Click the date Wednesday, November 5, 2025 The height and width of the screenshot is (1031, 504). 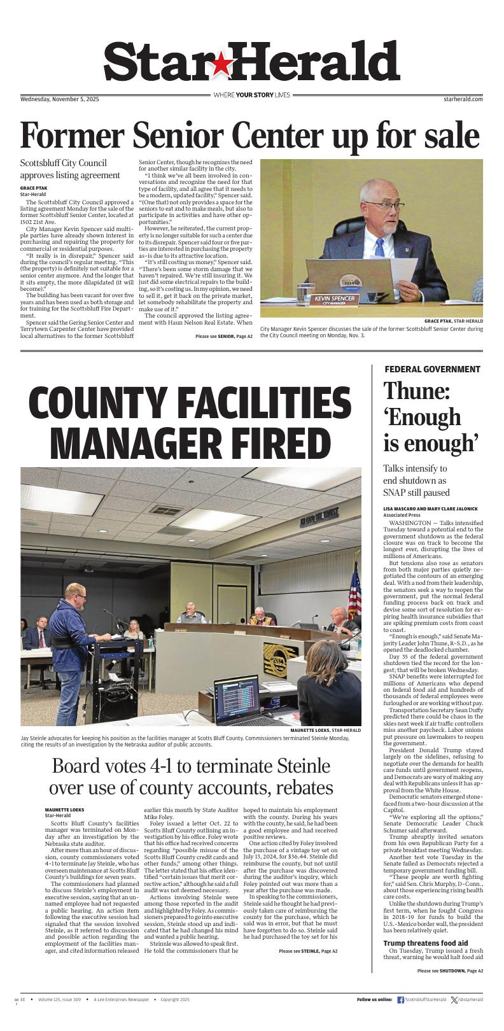[60, 99]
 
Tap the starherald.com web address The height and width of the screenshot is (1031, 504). [463, 99]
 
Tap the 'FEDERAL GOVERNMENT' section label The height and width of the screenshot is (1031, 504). [432, 369]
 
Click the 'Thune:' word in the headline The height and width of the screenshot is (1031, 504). [416, 391]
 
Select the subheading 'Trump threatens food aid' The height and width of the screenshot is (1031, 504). [425, 943]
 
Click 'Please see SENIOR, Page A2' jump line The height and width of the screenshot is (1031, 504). [223, 336]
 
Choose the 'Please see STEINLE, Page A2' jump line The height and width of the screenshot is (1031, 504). [308, 969]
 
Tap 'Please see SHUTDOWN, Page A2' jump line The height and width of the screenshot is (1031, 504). [450, 988]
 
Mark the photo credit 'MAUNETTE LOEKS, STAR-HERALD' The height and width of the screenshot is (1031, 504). [325, 730]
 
